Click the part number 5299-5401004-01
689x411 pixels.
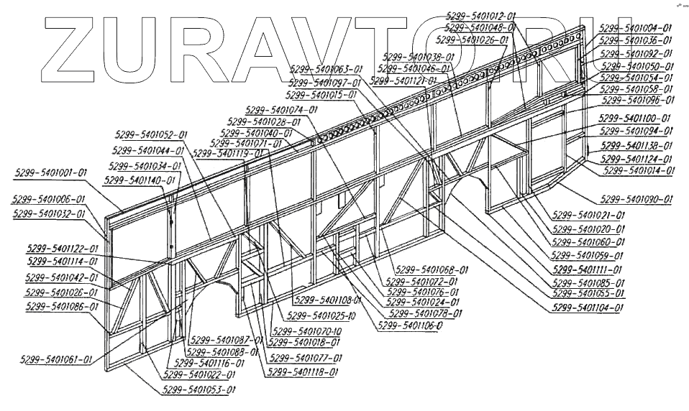636,28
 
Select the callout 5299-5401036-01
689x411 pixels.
636,40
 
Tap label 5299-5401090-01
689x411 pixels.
636,198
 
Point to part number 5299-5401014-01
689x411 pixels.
639,170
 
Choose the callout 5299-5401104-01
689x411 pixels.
587,307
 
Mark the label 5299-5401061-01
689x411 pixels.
55,359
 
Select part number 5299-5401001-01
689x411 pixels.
50,172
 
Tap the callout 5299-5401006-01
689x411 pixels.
48,199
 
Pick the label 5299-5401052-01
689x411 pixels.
150,134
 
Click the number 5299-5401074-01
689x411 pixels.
281,110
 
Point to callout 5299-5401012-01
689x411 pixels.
480,15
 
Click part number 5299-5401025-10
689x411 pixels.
321,315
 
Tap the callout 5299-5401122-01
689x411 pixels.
63,248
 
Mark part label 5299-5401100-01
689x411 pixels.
635,118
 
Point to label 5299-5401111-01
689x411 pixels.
586,269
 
